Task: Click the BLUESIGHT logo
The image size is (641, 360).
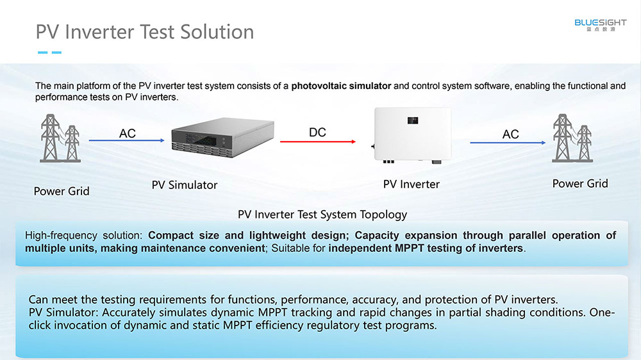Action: tap(600, 24)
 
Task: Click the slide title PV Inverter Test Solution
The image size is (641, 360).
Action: tap(145, 32)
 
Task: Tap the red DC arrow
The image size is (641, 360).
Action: tap(318, 142)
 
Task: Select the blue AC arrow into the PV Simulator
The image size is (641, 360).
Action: tap(127, 140)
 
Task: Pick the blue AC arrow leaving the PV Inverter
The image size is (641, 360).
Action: tap(508, 143)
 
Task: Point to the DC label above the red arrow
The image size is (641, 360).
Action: tap(317, 133)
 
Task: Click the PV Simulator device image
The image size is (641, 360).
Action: tap(223, 137)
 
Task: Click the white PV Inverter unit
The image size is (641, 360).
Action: tap(412, 135)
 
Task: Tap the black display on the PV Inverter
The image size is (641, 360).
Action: tap(412, 120)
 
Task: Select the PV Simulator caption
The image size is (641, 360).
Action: tap(185, 185)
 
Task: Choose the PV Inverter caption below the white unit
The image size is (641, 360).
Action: tap(412, 184)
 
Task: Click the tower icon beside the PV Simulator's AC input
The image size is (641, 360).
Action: tap(60, 138)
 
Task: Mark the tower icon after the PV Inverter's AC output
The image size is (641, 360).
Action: tap(572, 138)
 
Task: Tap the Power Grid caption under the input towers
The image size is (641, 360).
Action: tap(62, 192)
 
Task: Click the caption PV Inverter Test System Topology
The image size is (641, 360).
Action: tap(322, 215)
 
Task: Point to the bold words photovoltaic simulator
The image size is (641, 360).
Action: tap(342, 86)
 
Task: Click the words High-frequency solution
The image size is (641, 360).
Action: tap(83, 235)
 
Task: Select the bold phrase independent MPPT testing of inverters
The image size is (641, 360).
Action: tap(426, 249)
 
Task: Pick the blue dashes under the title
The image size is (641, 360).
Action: tap(49, 53)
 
